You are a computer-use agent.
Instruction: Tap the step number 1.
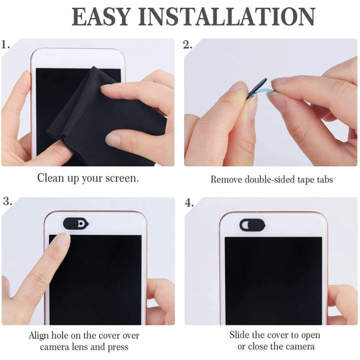coord(6,45)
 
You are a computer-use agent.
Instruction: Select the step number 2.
coord(188,45)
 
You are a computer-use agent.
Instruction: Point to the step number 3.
coord(7,201)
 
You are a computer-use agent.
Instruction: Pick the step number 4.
coord(188,202)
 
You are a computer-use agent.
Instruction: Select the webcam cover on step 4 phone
coord(252,224)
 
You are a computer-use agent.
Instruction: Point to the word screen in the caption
coord(122,178)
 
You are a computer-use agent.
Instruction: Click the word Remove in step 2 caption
coord(224,179)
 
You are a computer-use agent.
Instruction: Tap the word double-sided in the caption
coord(269,179)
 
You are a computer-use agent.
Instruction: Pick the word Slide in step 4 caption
coord(239,334)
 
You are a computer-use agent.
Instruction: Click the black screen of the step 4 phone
coord(272,275)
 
